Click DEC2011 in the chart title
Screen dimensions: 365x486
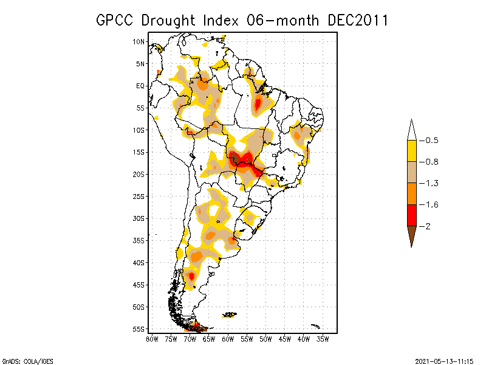pyautogui.click(x=357, y=21)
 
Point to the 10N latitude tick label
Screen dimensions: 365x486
pyautogui.click(x=139, y=41)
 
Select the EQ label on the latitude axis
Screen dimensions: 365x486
pyautogui.click(x=140, y=86)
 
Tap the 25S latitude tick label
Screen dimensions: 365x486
pyautogui.click(x=139, y=196)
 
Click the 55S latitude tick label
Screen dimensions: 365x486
pyautogui.click(x=139, y=328)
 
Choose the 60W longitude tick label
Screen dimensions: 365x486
pyautogui.click(x=228, y=339)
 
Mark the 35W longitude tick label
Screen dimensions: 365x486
pyautogui.click(x=323, y=339)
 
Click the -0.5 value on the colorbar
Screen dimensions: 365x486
pyautogui.click(x=431, y=141)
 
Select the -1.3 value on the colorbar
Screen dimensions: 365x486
pyautogui.click(x=431, y=183)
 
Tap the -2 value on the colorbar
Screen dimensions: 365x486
pyautogui.click(x=428, y=226)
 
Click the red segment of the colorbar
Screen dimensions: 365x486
pyautogui.click(x=411, y=215)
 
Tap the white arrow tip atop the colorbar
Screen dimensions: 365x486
pyautogui.click(x=411, y=129)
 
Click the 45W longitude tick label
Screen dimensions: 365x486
pyautogui.click(x=284, y=339)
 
